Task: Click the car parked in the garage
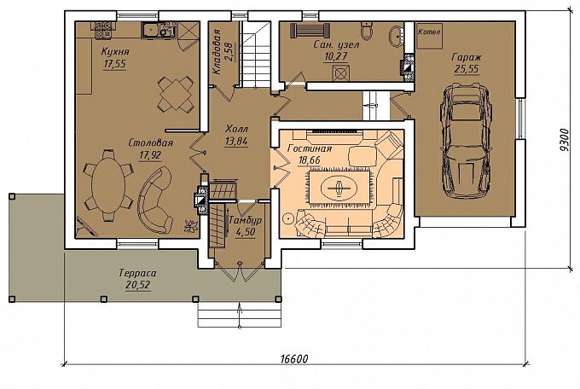click(x=466, y=142)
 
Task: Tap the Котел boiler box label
click(x=429, y=32)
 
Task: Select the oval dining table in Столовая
click(x=107, y=185)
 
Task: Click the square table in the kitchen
click(x=176, y=94)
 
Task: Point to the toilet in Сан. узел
click(x=366, y=31)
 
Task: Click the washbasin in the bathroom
click(x=397, y=37)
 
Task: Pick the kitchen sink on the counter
click(x=152, y=30)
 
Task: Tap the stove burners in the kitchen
click(x=102, y=30)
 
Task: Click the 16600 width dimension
click(x=294, y=358)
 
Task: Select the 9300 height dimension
click(x=564, y=140)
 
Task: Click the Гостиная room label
click(x=310, y=148)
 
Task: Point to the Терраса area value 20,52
click(x=137, y=285)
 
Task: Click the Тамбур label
click(x=245, y=220)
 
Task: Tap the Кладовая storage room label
click(x=217, y=52)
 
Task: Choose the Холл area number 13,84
click(x=236, y=141)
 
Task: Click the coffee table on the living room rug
click(x=339, y=188)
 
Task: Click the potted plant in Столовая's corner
click(x=191, y=226)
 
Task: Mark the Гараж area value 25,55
click(x=467, y=68)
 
